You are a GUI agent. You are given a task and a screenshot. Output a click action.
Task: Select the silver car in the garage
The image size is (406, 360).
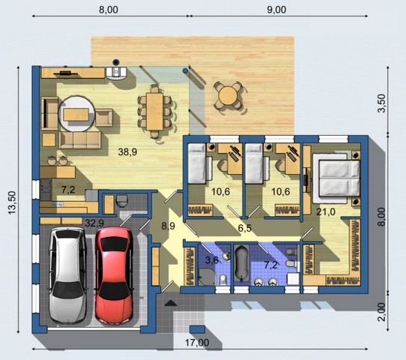[x=68, y=274]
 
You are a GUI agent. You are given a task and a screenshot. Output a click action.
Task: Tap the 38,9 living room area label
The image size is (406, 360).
[x=127, y=152]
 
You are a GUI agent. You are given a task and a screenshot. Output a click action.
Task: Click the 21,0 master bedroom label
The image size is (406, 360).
[x=326, y=211]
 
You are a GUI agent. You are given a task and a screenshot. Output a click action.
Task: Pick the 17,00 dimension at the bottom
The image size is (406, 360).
[x=197, y=343]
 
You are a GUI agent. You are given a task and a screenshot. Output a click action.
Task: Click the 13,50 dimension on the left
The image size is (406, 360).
[x=12, y=202]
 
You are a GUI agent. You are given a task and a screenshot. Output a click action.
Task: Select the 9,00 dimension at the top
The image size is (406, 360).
[x=276, y=10]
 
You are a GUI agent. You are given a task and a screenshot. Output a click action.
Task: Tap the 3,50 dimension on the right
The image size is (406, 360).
[x=382, y=103]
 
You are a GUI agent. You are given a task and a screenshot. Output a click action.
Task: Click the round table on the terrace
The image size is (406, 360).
[x=227, y=96]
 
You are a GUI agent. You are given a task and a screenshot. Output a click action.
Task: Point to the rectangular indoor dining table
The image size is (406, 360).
[x=154, y=112]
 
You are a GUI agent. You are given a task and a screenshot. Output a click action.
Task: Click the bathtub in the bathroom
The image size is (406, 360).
[x=242, y=263]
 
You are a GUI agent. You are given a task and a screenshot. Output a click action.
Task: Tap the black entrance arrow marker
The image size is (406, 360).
[x=171, y=302]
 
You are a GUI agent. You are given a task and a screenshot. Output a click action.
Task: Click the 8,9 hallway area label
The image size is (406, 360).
[x=168, y=226]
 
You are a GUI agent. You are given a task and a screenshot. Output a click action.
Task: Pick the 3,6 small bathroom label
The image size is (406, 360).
[x=212, y=259]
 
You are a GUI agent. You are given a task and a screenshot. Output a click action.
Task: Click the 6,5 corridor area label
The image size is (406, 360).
[x=244, y=228]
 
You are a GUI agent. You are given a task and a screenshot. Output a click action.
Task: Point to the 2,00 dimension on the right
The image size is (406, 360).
[x=382, y=312]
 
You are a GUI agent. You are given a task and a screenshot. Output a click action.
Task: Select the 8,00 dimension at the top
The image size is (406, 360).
[x=109, y=10]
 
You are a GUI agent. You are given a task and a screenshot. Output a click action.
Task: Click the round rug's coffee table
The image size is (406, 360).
[x=76, y=114]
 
